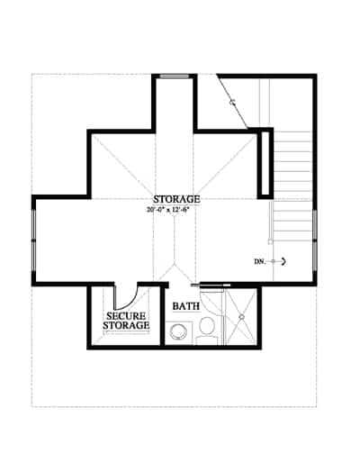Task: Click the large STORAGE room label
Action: click(x=176, y=199)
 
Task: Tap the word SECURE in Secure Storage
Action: click(x=126, y=316)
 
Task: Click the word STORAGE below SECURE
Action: click(x=126, y=325)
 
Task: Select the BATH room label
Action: click(x=186, y=306)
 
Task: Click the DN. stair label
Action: click(x=260, y=262)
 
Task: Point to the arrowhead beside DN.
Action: click(x=283, y=262)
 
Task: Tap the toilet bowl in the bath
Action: click(x=207, y=326)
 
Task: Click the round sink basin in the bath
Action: click(x=178, y=332)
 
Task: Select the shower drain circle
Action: click(x=241, y=316)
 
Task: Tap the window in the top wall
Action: click(x=175, y=76)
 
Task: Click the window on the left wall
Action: click(x=34, y=240)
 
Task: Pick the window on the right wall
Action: click(x=315, y=240)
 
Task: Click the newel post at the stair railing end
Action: click(x=271, y=241)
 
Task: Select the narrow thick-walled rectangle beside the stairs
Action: click(x=265, y=163)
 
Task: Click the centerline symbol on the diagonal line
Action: click(x=232, y=102)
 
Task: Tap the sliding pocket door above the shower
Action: click(x=211, y=285)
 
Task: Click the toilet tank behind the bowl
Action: click(x=207, y=340)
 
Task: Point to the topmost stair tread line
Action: click(x=292, y=131)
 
